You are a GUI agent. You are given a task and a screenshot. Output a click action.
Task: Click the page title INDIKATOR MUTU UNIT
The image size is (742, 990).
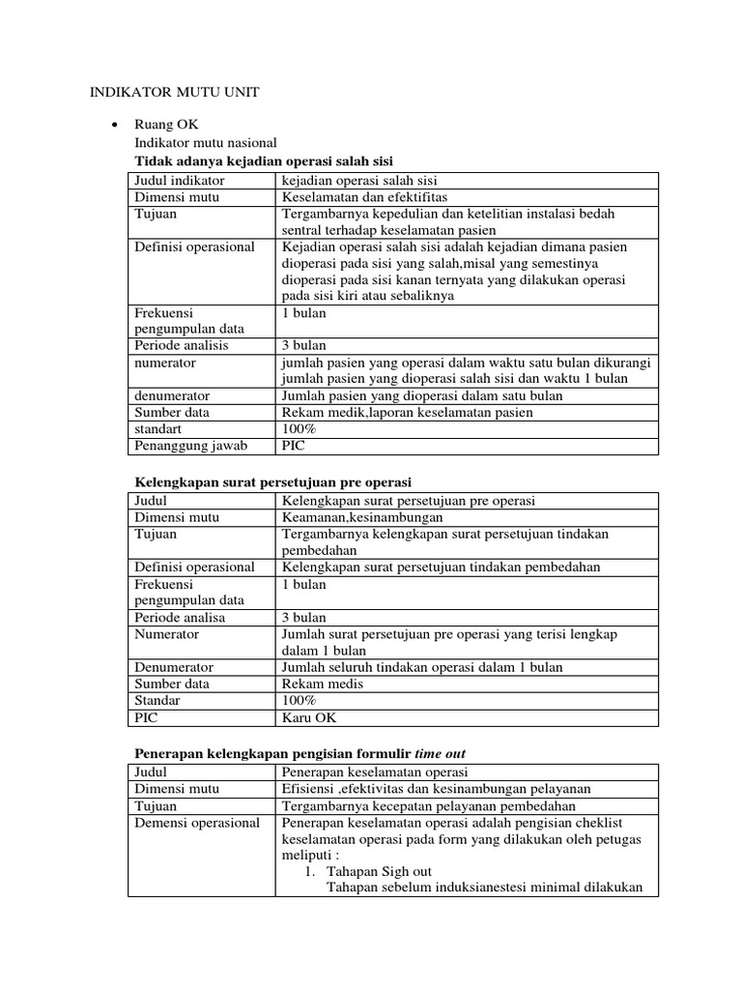pos(174,92)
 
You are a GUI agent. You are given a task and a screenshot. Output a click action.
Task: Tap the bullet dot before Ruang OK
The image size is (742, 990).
pos(116,126)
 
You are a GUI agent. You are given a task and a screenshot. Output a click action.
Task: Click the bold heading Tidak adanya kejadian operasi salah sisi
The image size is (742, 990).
pos(262,160)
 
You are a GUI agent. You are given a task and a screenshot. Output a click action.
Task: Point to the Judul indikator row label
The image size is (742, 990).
pos(180,181)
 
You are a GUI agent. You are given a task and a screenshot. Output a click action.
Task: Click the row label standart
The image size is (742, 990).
pos(157,428)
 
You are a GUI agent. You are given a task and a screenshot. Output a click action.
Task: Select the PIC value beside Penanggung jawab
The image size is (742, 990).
pos(292,446)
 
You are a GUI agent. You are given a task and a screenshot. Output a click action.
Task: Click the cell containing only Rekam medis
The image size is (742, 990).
pos(316,684)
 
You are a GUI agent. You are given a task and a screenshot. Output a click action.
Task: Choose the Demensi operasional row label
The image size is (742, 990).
pos(197,823)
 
